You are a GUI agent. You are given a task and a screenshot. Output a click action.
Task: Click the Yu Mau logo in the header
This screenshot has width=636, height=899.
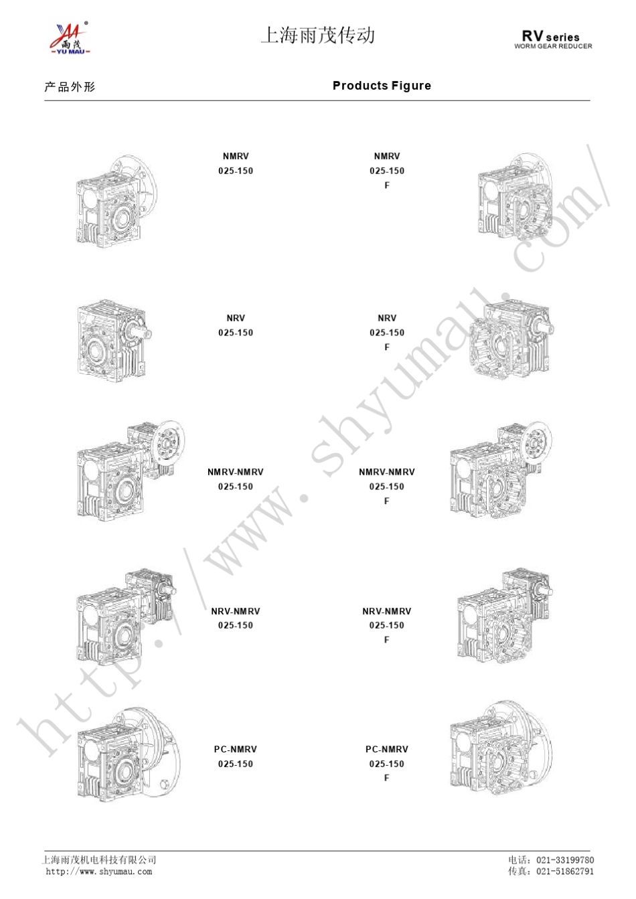point(70,38)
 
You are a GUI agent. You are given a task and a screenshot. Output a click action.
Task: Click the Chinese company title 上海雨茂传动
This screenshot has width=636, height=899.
point(318,35)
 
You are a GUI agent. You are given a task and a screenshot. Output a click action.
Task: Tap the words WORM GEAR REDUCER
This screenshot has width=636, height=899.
point(553,46)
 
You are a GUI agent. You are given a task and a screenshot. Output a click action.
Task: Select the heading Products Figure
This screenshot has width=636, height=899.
point(382,86)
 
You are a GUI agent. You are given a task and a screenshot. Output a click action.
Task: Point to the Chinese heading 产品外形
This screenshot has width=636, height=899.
point(70,87)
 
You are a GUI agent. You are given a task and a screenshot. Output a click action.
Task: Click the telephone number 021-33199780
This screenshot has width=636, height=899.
point(565,860)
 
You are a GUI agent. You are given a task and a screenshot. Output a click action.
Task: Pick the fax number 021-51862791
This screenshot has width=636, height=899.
point(565,872)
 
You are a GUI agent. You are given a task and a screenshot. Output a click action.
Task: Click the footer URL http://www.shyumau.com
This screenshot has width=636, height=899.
point(99,872)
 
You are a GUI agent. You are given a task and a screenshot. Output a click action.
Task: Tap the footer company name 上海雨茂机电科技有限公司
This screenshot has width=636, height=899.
point(99,860)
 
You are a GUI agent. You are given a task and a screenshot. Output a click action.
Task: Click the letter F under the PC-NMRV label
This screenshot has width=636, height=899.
point(386,778)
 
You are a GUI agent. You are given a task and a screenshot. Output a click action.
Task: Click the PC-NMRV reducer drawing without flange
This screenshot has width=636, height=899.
point(129,754)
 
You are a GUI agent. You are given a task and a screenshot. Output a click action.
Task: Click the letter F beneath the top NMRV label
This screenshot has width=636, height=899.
point(387,185)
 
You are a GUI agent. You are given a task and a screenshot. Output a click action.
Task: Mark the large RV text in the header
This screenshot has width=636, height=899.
point(532,35)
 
